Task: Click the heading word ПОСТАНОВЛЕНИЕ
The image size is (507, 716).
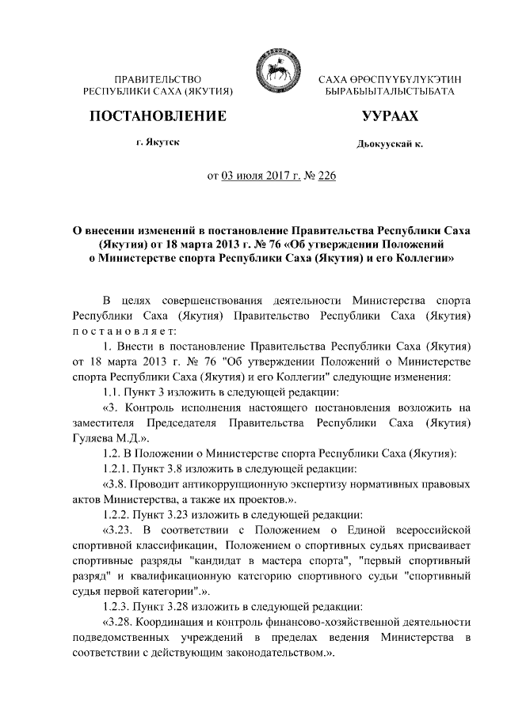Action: coord(158,116)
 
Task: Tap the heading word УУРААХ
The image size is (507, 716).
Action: coord(390,117)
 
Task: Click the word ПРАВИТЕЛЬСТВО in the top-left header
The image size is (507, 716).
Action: coord(158,80)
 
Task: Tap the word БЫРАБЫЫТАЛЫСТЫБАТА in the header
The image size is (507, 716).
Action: coord(389,93)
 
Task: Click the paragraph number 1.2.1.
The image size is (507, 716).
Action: coord(117,468)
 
